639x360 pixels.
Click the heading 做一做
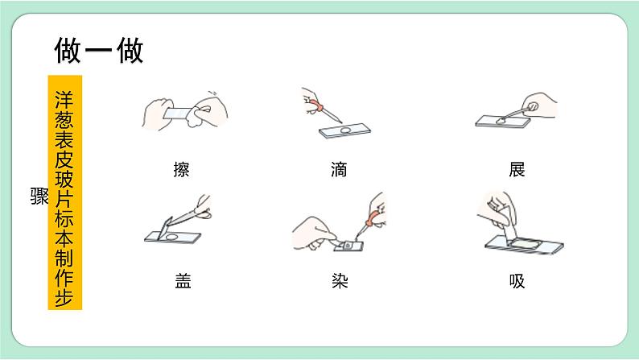coord(99,50)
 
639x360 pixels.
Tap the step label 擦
coord(181,169)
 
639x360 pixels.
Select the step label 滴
coord(339,169)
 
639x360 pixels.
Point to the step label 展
coord(517,169)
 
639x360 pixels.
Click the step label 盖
coord(183,281)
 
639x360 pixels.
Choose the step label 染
coord(340,281)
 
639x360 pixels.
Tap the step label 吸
coord(517,281)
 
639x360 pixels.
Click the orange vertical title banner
coord(65,192)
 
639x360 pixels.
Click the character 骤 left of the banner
coord(39,196)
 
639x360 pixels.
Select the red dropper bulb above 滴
coord(315,105)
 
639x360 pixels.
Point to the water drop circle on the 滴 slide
coord(345,130)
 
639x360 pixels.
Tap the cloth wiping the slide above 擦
coord(196,113)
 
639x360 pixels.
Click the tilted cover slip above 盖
coord(166,228)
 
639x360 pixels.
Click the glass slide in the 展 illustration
coord(503,121)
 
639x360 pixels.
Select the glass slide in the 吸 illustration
coord(525,246)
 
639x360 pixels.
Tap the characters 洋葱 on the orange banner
coord(64,110)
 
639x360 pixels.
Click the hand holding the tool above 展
coord(539,105)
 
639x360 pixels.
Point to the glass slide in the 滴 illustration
coord(344,130)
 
